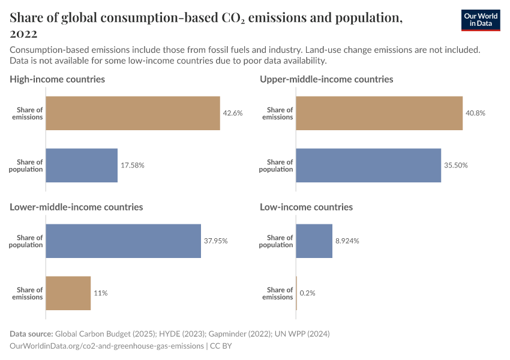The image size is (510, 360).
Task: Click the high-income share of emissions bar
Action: click(x=133, y=113)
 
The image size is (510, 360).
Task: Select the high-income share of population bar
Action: click(x=82, y=165)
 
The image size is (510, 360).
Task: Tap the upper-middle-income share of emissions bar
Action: click(x=379, y=113)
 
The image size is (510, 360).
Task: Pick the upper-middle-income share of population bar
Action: click(x=368, y=165)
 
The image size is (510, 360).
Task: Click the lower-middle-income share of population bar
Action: click(x=123, y=241)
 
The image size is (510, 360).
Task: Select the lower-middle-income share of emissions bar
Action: click(x=68, y=293)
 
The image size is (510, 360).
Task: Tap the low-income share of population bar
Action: click(x=314, y=241)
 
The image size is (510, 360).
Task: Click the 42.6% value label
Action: click(x=233, y=113)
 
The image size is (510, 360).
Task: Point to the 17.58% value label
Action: click(x=133, y=165)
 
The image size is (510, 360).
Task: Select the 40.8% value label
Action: click(x=476, y=113)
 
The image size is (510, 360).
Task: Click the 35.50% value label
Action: click(x=456, y=165)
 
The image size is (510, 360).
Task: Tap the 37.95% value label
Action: click(x=216, y=241)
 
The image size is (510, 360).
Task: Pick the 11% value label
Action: click(x=100, y=293)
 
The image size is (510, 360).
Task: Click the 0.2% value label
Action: click(x=307, y=293)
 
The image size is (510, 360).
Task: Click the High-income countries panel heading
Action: click(x=57, y=79)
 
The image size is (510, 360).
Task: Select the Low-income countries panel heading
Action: click(x=306, y=207)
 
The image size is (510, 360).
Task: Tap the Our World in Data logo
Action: click(x=481, y=20)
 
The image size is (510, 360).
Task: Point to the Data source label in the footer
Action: click(x=31, y=334)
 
